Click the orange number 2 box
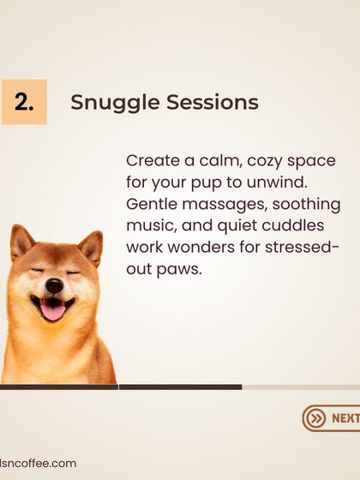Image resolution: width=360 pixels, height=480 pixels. (24, 102)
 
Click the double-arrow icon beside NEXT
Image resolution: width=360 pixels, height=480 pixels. (316, 418)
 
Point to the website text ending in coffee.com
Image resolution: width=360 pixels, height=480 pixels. (38, 463)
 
